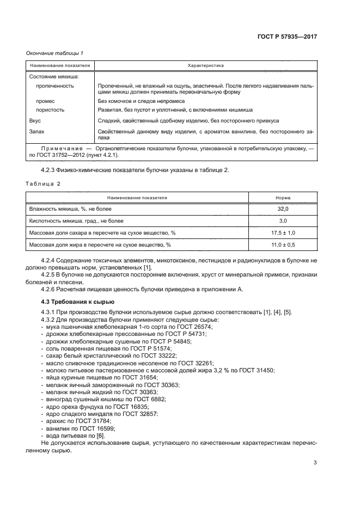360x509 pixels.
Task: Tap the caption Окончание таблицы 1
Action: [x=54, y=53]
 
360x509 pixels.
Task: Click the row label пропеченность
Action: [x=55, y=86]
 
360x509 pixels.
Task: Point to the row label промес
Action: [x=45, y=101]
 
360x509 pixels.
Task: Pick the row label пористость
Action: [x=50, y=109]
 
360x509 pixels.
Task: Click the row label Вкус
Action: [x=35, y=120]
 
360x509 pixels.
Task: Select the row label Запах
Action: [x=36, y=131]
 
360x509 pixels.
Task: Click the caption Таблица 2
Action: [x=44, y=183]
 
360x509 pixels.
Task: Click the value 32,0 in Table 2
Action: [x=283, y=209]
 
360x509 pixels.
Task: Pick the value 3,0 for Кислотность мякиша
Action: [x=283, y=221]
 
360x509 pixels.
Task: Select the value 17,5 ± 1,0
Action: [x=283, y=233]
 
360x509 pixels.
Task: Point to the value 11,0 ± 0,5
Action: [x=283, y=245]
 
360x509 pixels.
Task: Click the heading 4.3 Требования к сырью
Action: [x=78, y=301]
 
